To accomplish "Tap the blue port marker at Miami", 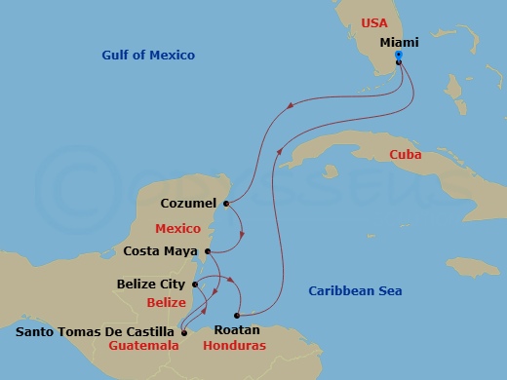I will [x=399, y=56].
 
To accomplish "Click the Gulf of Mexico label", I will [x=148, y=56].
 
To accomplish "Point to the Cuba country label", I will [x=404, y=155].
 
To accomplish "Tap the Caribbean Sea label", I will [x=355, y=290].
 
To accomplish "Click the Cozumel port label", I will [x=190, y=205].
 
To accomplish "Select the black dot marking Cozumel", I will [x=225, y=205].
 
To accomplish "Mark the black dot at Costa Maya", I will [x=208, y=250].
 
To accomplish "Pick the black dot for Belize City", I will [x=196, y=285].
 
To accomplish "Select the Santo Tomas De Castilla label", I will [x=97, y=331].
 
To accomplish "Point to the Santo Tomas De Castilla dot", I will [x=183, y=331].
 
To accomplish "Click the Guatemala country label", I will [x=143, y=346].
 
